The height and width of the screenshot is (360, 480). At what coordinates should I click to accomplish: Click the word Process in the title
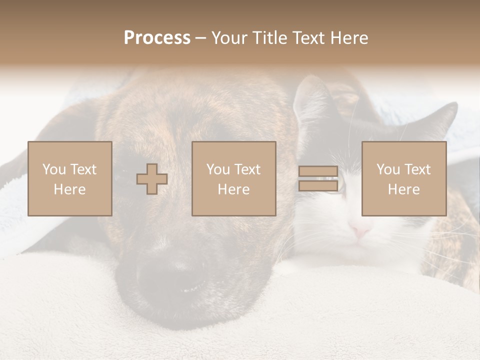point(157,38)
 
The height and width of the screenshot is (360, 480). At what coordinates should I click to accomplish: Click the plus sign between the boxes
point(152,178)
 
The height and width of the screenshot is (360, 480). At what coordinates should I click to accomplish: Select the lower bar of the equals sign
point(318,185)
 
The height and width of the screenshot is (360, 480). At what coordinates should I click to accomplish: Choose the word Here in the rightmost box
point(404,189)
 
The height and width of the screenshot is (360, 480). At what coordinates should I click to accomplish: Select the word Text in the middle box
point(248,169)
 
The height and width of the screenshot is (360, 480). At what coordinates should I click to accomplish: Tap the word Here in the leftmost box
point(69,189)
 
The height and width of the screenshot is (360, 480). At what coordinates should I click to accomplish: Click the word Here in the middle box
point(234,189)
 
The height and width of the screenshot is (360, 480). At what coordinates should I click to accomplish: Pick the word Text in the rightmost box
point(418,169)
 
